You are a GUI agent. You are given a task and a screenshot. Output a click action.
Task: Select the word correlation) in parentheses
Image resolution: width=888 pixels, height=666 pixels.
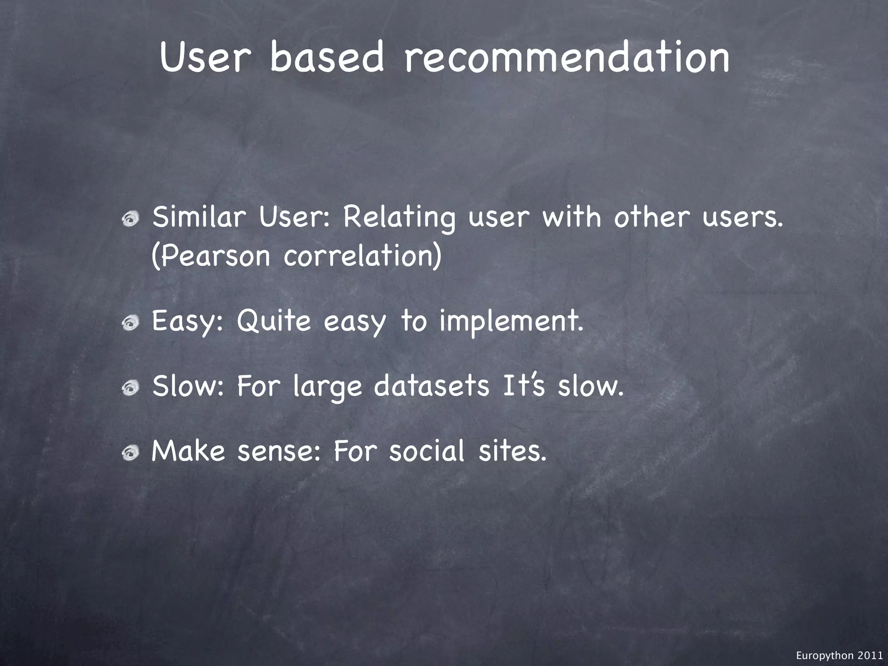(x=362, y=256)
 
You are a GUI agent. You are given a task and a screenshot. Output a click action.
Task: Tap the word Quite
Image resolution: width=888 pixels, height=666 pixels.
(x=274, y=322)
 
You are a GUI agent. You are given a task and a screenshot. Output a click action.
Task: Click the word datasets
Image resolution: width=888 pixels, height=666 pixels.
(x=431, y=386)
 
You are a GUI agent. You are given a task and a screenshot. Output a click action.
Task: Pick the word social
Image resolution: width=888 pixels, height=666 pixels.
(x=427, y=451)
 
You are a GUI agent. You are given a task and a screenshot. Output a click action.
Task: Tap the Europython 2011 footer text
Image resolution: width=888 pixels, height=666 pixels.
(x=839, y=656)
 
